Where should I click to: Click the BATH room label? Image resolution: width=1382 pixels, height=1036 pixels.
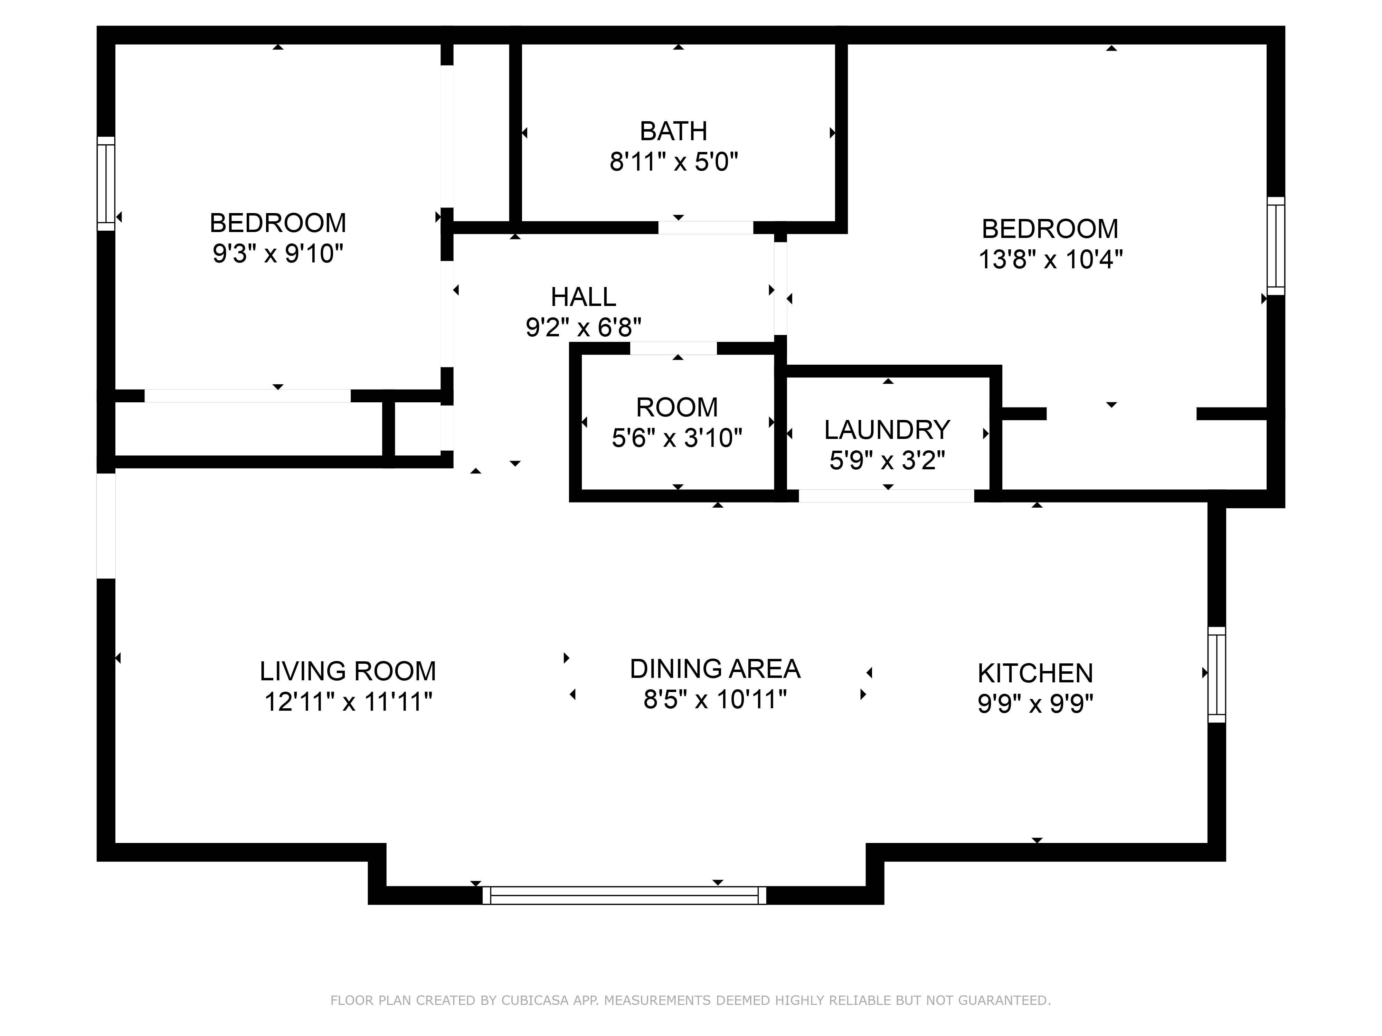pyautogui.click(x=673, y=131)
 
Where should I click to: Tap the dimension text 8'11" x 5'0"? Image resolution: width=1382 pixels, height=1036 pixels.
pyautogui.click(x=673, y=162)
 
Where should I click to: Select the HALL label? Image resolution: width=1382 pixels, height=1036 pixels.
pyautogui.click(x=583, y=297)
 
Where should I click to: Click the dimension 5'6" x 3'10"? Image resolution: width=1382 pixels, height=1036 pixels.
pyautogui.click(x=676, y=438)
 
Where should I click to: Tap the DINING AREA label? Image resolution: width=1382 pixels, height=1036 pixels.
pyautogui.click(x=715, y=669)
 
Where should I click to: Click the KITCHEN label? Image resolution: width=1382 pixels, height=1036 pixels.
pyautogui.click(x=1035, y=673)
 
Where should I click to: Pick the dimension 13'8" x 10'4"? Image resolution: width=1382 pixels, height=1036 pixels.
pyautogui.click(x=1050, y=259)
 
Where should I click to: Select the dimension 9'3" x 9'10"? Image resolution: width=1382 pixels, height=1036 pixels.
pyautogui.click(x=278, y=253)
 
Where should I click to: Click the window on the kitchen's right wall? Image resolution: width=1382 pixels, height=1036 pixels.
pyautogui.click(x=1217, y=674)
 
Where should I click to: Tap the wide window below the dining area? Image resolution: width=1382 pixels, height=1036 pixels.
pyautogui.click(x=624, y=895)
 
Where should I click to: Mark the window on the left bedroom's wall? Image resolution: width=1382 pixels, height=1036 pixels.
pyautogui.click(x=106, y=184)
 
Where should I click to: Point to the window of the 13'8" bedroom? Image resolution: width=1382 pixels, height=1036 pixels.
pyautogui.click(x=1276, y=246)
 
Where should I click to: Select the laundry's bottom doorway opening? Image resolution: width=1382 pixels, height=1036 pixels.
pyautogui.click(x=887, y=496)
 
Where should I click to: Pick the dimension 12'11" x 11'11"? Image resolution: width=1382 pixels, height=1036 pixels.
pyautogui.click(x=348, y=702)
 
